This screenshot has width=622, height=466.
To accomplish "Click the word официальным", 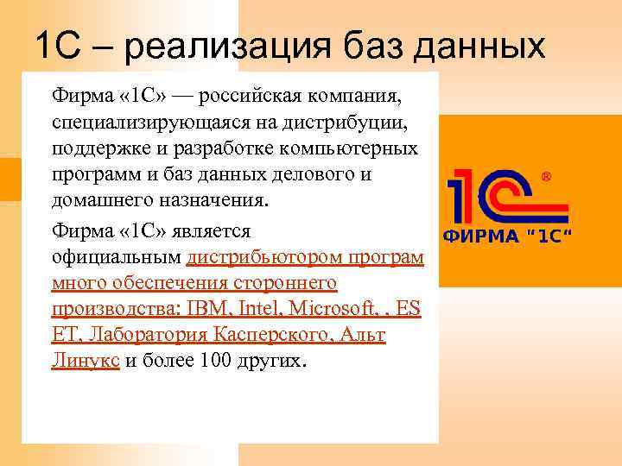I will point(116,257).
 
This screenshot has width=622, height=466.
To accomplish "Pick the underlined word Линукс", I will point(86,361).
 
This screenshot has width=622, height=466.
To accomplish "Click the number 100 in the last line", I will point(215,361).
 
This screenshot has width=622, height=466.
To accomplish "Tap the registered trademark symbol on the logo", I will point(545,177).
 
